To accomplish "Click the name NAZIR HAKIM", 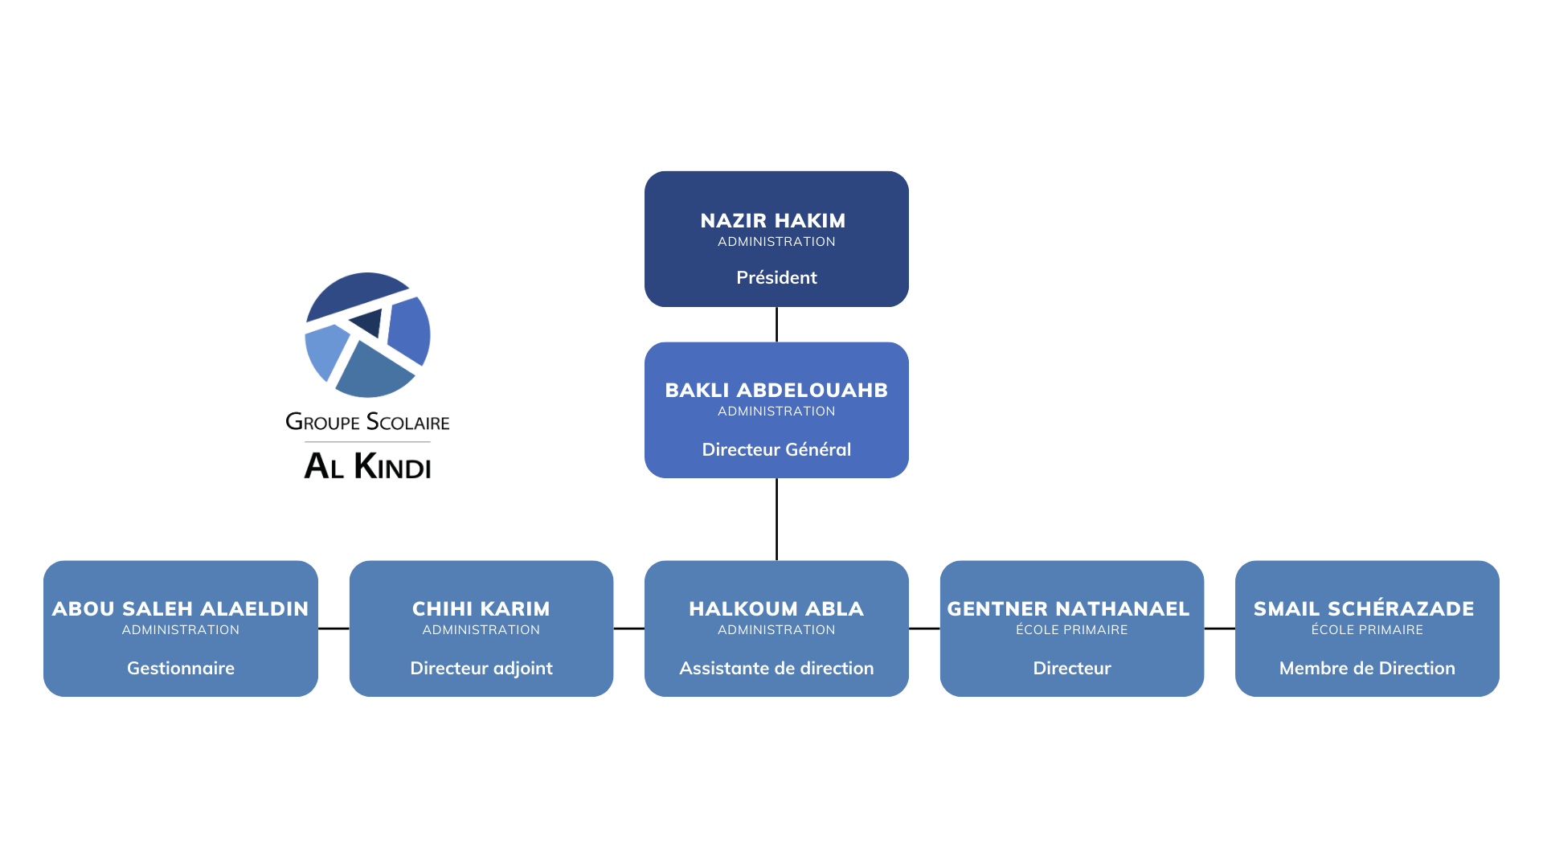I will pyautogui.click(x=772, y=220).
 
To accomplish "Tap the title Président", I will pyautogui.click(x=776, y=277).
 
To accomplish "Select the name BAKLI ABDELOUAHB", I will pyautogui.click(x=776, y=390).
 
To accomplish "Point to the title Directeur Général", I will pyautogui.click(x=776, y=449).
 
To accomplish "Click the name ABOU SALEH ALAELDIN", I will pyautogui.click(x=180, y=608).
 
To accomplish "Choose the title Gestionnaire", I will pyautogui.click(x=181, y=668).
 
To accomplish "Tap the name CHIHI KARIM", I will pyautogui.click(x=481, y=608).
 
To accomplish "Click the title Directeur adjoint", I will pyautogui.click(x=481, y=668).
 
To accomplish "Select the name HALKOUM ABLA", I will pyautogui.click(x=776, y=608).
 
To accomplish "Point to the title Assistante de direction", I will pyautogui.click(x=776, y=668).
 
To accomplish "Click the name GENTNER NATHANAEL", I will pyautogui.click(x=1068, y=608).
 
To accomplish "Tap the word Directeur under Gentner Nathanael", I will pyautogui.click(x=1072, y=668).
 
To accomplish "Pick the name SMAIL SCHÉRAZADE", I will pyautogui.click(x=1364, y=608).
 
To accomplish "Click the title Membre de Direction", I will pyautogui.click(x=1367, y=668).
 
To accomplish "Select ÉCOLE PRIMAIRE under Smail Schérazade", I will pyautogui.click(x=1367, y=630).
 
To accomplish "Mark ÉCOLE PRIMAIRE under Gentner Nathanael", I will pyautogui.click(x=1072, y=630).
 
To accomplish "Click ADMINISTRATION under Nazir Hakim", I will pyautogui.click(x=776, y=242).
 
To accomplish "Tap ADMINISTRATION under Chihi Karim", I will pyautogui.click(x=481, y=630).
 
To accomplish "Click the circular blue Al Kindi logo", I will pyautogui.click(x=367, y=335).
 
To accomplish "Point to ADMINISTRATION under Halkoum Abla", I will pyautogui.click(x=776, y=630).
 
